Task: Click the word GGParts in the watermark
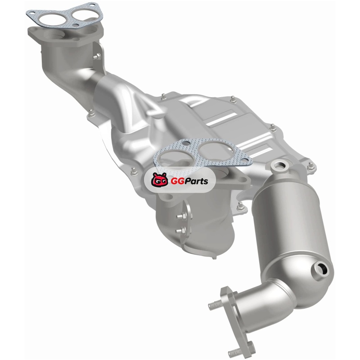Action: coord(189,181)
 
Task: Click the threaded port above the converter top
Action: coord(279,165)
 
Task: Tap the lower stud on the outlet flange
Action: coord(235,352)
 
